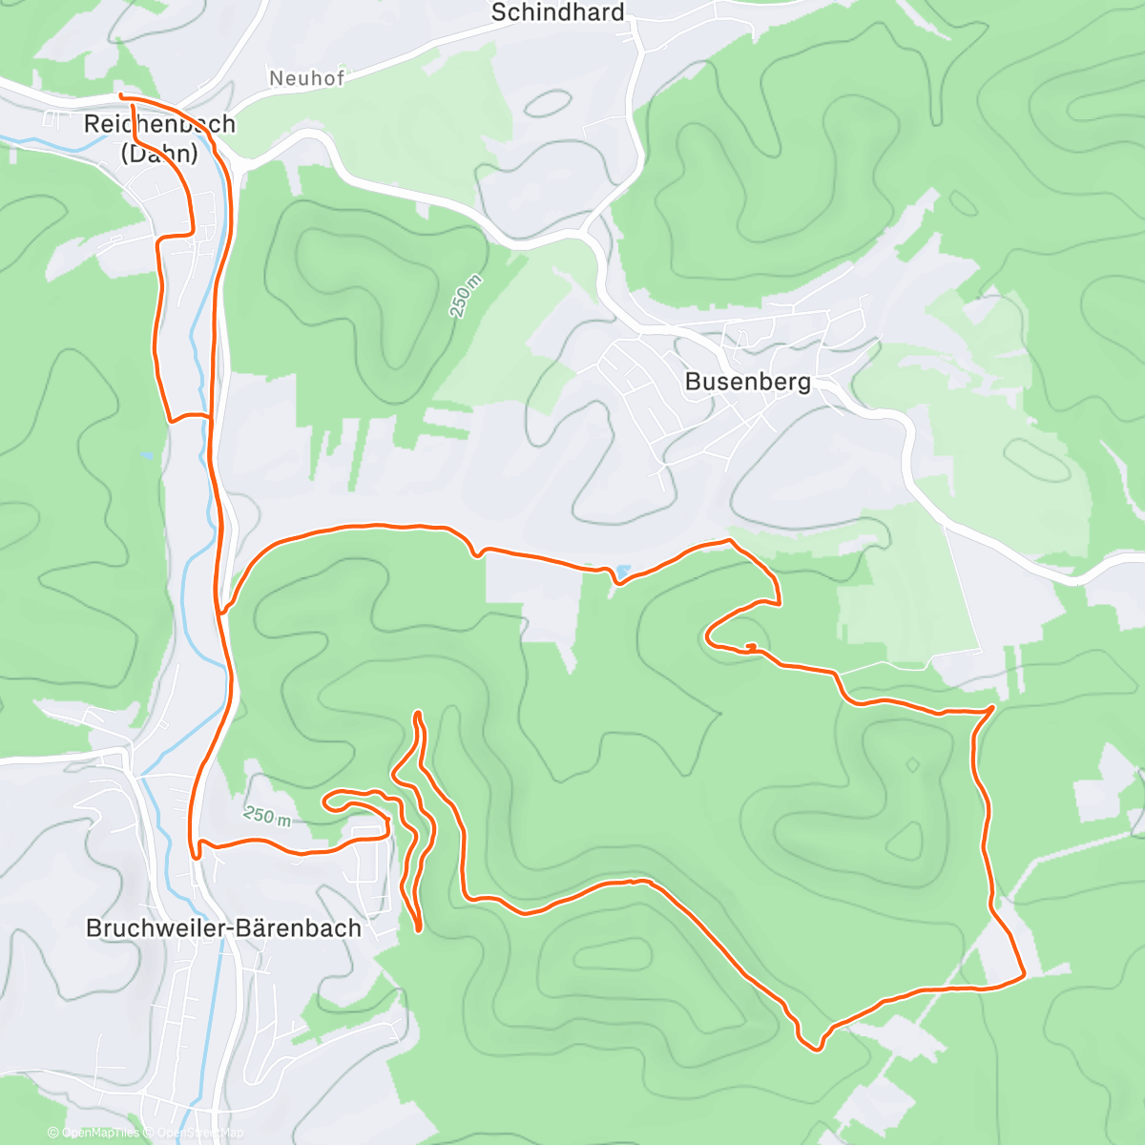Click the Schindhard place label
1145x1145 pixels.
557,12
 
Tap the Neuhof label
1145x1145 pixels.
306,78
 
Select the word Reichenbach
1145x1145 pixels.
159,124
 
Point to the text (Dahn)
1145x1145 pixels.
159,153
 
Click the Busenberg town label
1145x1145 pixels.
748,382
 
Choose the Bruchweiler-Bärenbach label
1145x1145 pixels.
223,928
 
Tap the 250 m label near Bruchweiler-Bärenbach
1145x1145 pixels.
267,816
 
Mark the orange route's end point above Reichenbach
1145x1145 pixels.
120,96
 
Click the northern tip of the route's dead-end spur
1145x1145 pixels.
418,713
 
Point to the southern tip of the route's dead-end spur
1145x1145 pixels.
419,928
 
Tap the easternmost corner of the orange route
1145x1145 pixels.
1024,975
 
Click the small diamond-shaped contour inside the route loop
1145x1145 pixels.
912,764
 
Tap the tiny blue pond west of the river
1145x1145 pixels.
145,456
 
